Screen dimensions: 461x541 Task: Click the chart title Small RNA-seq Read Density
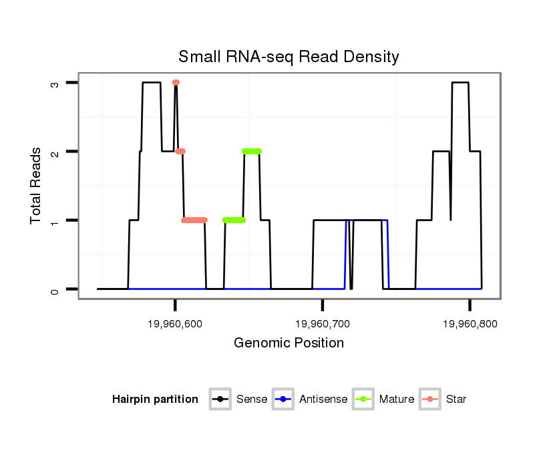[289, 57]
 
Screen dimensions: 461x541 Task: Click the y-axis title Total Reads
[36, 186]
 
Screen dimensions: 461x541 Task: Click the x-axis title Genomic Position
[289, 343]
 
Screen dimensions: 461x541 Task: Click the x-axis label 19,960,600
[174, 323]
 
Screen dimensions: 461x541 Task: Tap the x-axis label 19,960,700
[322, 323]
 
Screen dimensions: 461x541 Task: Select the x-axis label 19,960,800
[470, 323]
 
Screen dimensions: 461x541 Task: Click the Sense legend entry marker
[220, 400]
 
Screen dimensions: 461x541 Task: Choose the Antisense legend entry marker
[283, 400]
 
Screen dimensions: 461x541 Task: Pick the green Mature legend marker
[364, 400]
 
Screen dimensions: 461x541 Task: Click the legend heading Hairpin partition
[155, 400]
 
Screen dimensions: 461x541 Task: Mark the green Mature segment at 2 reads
[252, 152]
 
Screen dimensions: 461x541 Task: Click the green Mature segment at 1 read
[234, 220]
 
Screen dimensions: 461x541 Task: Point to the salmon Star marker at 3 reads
[176, 83]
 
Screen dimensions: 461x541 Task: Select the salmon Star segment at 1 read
[194, 220]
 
